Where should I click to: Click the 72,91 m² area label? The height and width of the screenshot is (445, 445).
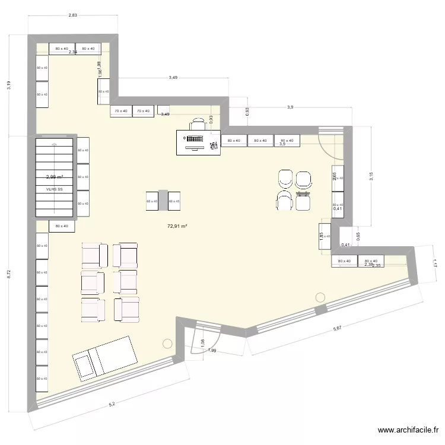coord(176,226)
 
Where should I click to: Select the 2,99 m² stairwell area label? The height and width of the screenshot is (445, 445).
coord(55,177)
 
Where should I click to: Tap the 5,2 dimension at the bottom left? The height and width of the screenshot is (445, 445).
coord(112,405)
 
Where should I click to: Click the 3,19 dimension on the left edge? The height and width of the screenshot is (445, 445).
coord(9,85)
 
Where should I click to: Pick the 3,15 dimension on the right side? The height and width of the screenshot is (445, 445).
coord(371,176)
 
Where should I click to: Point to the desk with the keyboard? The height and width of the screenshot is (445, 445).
coord(198,143)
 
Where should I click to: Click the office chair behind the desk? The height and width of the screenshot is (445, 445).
coord(198,124)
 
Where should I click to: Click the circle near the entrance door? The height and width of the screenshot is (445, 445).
coord(167,343)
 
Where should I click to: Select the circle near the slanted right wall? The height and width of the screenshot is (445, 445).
coord(321,297)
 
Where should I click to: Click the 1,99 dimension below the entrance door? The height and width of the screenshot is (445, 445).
coord(212,351)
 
